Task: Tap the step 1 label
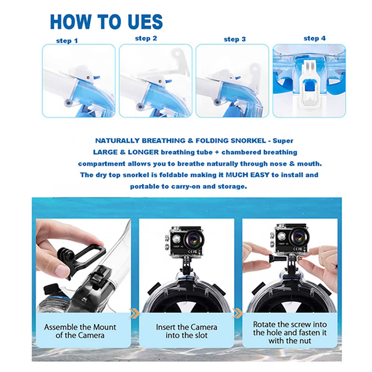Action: [67, 41]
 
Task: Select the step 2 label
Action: [146, 38]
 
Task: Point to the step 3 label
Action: [235, 39]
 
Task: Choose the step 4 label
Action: [315, 38]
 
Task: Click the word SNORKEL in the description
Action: [248, 141]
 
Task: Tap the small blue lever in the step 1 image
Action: [96, 78]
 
